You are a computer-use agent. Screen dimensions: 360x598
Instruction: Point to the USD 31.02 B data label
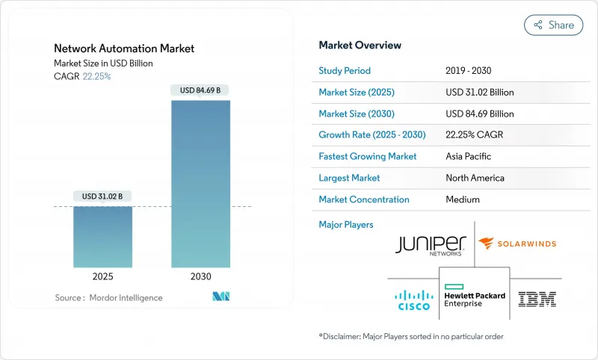coord(103,196)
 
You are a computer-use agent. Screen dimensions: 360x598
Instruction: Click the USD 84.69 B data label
coord(201,90)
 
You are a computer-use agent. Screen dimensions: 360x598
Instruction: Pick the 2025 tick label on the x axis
coord(103,276)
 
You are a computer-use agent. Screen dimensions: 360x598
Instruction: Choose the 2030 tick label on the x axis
coord(201,276)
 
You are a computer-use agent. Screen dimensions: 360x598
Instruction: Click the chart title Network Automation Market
coord(124,49)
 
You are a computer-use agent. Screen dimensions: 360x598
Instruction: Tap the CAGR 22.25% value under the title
coord(96,76)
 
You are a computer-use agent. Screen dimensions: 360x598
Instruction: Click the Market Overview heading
coord(360,46)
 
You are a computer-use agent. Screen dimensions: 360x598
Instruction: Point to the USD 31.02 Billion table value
coord(480,93)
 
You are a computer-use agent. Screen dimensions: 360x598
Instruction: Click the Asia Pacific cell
coord(469,157)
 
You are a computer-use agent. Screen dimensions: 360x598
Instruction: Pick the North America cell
coord(475,178)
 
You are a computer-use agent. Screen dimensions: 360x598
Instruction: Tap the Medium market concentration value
coord(463,199)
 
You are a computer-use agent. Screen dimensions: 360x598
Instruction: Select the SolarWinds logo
coord(517,243)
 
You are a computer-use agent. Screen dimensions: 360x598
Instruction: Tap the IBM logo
coord(537,300)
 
